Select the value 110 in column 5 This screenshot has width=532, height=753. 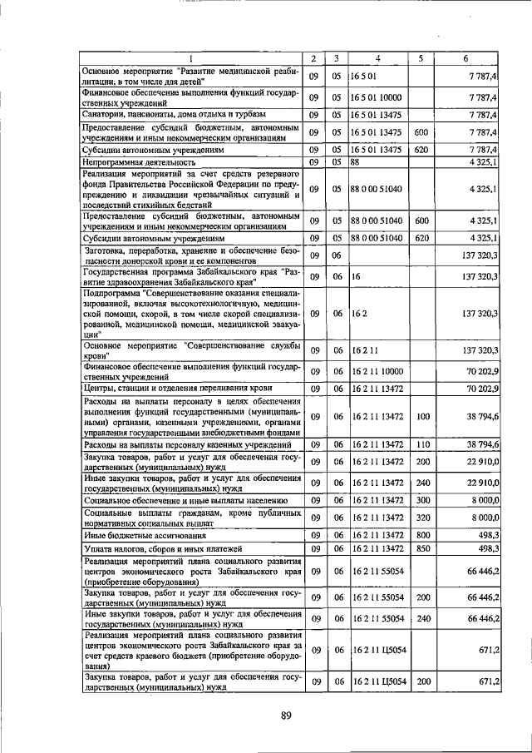pyautogui.click(x=421, y=446)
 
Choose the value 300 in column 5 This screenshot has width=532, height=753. pyautogui.click(x=421, y=500)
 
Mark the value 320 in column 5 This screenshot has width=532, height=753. pyautogui.click(x=421, y=517)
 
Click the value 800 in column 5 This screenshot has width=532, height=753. pyautogui.click(x=421, y=535)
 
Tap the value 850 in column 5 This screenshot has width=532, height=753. pyautogui.click(x=421, y=549)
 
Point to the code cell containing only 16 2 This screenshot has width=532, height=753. pyautogui.click(x=358, y=314)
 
